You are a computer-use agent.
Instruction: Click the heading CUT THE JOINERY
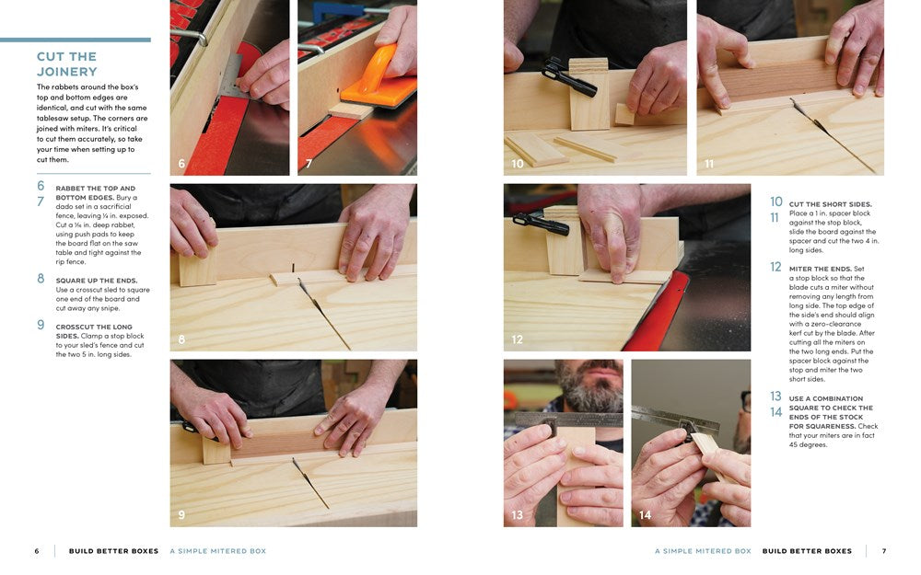click(66, 64)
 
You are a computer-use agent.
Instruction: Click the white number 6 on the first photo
click(181, 164)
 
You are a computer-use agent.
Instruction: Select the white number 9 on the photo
click(181, 515)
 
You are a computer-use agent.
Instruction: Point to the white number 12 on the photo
click(517, 339)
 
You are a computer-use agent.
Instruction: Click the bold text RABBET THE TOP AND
click(95, 189)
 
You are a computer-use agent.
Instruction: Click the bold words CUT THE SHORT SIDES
click(830, 204)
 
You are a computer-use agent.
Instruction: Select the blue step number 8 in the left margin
click(41, 279)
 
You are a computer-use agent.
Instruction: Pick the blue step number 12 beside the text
click(775, 268)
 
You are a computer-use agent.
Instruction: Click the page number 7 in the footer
click(884, 551)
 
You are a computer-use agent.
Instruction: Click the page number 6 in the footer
click(37, 551)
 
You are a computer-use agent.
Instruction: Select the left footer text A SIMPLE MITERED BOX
click(217, 551)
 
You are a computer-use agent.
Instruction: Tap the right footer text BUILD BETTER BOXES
click(807, 551)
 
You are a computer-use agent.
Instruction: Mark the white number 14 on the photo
click(645, 515)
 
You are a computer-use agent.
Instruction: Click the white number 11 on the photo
click(708, 164)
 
